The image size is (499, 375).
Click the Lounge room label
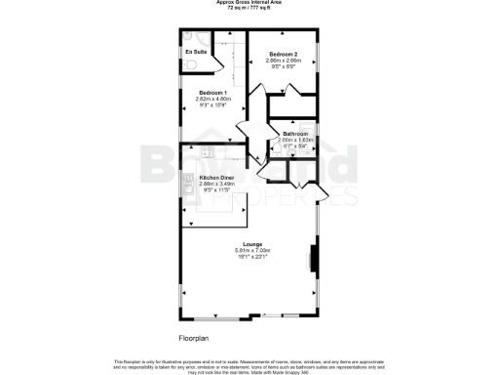pos(250,245)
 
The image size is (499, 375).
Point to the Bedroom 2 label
pos(282,54)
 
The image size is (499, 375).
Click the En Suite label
pos(195,51)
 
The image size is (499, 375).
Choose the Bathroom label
pos(295,134)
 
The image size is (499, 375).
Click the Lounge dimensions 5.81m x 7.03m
pos(250,251)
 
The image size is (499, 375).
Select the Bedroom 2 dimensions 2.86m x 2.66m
pos(282,61)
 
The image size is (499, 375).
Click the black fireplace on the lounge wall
pos(312,259)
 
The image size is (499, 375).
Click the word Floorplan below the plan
pos(194,338)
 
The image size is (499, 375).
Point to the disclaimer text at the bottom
pos(249,364)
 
